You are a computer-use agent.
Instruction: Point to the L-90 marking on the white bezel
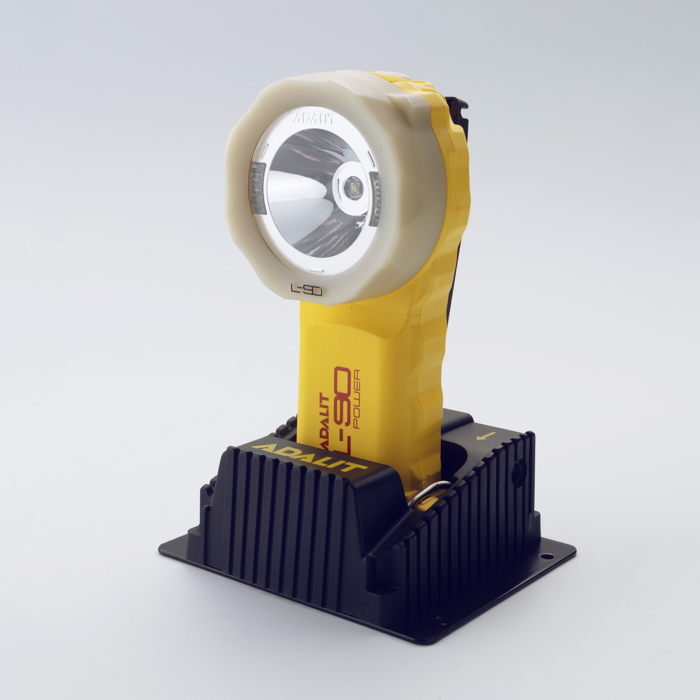click(x=307, y=289)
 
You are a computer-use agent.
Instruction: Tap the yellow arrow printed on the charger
click(x=486, y=436)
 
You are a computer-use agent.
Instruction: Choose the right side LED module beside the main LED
click(x=376, y=199)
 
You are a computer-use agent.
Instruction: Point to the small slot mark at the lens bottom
click(x=316, y=270)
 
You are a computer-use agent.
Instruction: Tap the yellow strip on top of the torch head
click(x=391, y=76)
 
